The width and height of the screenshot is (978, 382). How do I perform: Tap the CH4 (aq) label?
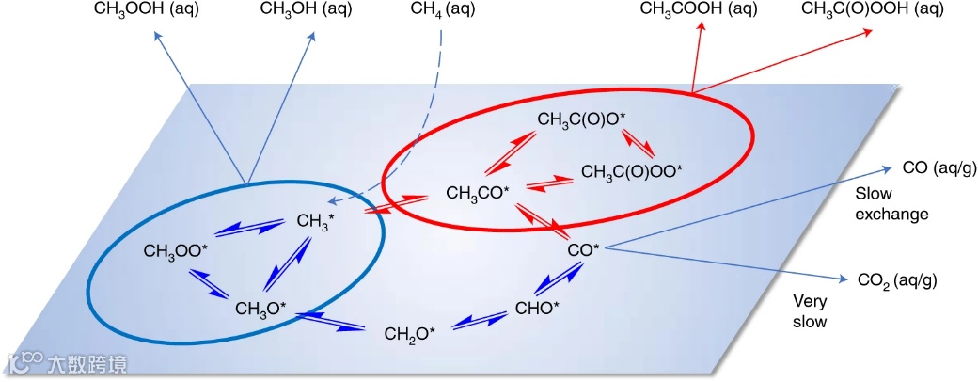pyautogui.click(x=443, y=10)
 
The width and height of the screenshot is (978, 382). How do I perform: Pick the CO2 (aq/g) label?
pyautogui.click(x=897, y=280)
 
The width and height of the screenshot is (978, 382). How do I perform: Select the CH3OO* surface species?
pyautogui.click(x=176, y=252)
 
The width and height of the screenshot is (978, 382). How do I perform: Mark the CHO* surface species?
pyautogui.click(x=538, y=308)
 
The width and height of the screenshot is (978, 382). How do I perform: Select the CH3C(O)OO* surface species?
pyautogui.click(x=632, y=172)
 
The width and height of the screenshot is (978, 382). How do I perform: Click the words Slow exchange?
pyautogui.click(x=891, y=203)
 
